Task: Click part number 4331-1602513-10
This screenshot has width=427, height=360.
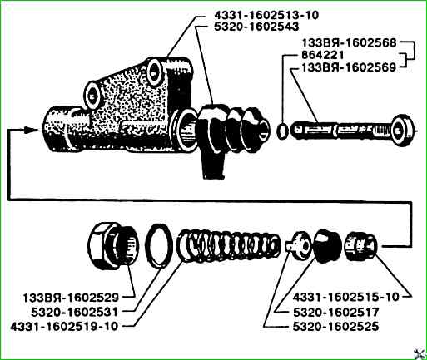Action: click(266, 15)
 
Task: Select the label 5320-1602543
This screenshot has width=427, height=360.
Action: click(256, 27)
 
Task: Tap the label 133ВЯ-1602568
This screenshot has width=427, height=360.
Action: click(350, 43)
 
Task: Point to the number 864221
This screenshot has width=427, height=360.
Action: click(323, 55)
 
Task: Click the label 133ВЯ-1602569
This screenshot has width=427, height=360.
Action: click(349, 67)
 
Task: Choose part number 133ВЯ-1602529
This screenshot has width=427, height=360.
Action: click(71, 298)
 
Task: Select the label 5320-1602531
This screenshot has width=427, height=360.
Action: click(74, 313)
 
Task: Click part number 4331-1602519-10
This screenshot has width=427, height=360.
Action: click(64, 326)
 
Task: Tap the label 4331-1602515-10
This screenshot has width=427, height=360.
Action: click(345, 297)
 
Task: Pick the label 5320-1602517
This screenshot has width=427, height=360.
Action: click(335, 313)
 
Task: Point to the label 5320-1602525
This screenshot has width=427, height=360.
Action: click(335, 327)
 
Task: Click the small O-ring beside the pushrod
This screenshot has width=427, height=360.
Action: click(282, 131)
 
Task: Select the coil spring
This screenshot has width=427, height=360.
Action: click(229, 246)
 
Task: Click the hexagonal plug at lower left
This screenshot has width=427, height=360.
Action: click(113, 245)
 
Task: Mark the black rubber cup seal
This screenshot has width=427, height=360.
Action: click(327, 245)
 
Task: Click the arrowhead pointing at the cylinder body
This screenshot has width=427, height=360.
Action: click(31, 130)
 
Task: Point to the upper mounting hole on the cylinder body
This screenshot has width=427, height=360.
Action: click(154, 72)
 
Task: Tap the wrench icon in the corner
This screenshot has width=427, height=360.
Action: click(420, 353)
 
